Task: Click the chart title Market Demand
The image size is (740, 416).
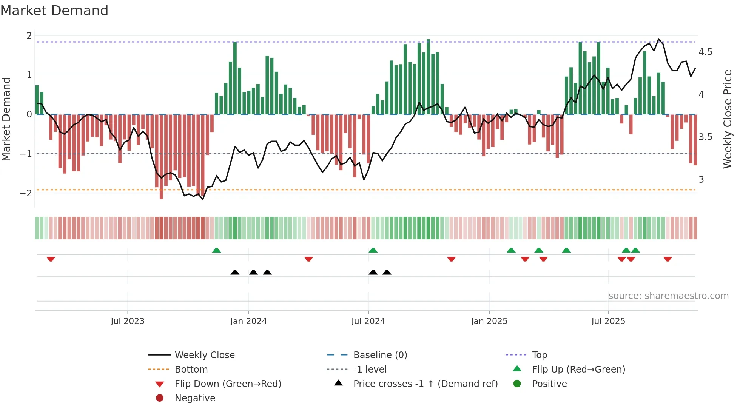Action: (x=54, y=11)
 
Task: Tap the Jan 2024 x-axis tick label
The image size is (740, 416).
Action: (x=248, y=321)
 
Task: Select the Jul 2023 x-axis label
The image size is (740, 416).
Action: (x=128, y=321)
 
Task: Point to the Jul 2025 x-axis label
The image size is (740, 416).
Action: (x=608, y=321)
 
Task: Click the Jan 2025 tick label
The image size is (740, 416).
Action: (x=489, y=321)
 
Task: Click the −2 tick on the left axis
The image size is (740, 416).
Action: (x=26, y=193)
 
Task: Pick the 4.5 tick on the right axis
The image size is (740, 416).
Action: (x=705, y=52)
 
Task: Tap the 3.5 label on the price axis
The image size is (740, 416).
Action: (x=705, y=137)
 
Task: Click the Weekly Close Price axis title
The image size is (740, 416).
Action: (x=728, y=119)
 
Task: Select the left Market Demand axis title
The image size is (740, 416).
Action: (x=6, y=119)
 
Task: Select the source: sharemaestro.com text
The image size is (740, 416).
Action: (x=668, y=296)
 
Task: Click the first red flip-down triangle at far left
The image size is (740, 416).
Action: (x=51, y=259)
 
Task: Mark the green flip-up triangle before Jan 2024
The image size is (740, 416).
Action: (x=216, y=250)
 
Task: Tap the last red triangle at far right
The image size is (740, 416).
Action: (x=668, y=259)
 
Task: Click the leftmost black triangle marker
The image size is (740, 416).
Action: (x=235, y=272)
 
